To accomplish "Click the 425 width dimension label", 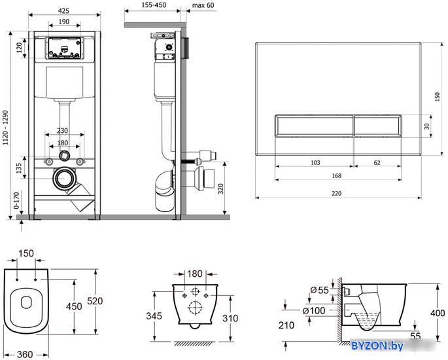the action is pos(63,10).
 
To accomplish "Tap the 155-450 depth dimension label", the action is pos(154,5).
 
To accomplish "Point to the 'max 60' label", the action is pos(203,5).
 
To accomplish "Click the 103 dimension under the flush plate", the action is pos(315,163).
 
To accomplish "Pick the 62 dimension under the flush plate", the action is pos(377,163).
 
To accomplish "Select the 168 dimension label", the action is pos(337,176).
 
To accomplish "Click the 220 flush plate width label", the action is pos(337,194).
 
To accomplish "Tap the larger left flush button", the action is pos(315,126).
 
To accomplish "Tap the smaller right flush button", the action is pos(378,126).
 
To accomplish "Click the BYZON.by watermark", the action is pos(377,346).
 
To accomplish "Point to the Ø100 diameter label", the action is pos(314,310).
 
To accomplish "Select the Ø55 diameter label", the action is pos(319,290).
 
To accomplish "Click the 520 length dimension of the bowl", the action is pos(95,301).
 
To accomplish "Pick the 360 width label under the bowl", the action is pos(25,355).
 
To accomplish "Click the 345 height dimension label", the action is pos(154,316).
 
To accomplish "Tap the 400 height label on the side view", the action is pos(438,313).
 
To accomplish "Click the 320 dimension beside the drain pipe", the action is pos(220,189).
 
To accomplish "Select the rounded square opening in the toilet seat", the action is pos(26,302).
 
